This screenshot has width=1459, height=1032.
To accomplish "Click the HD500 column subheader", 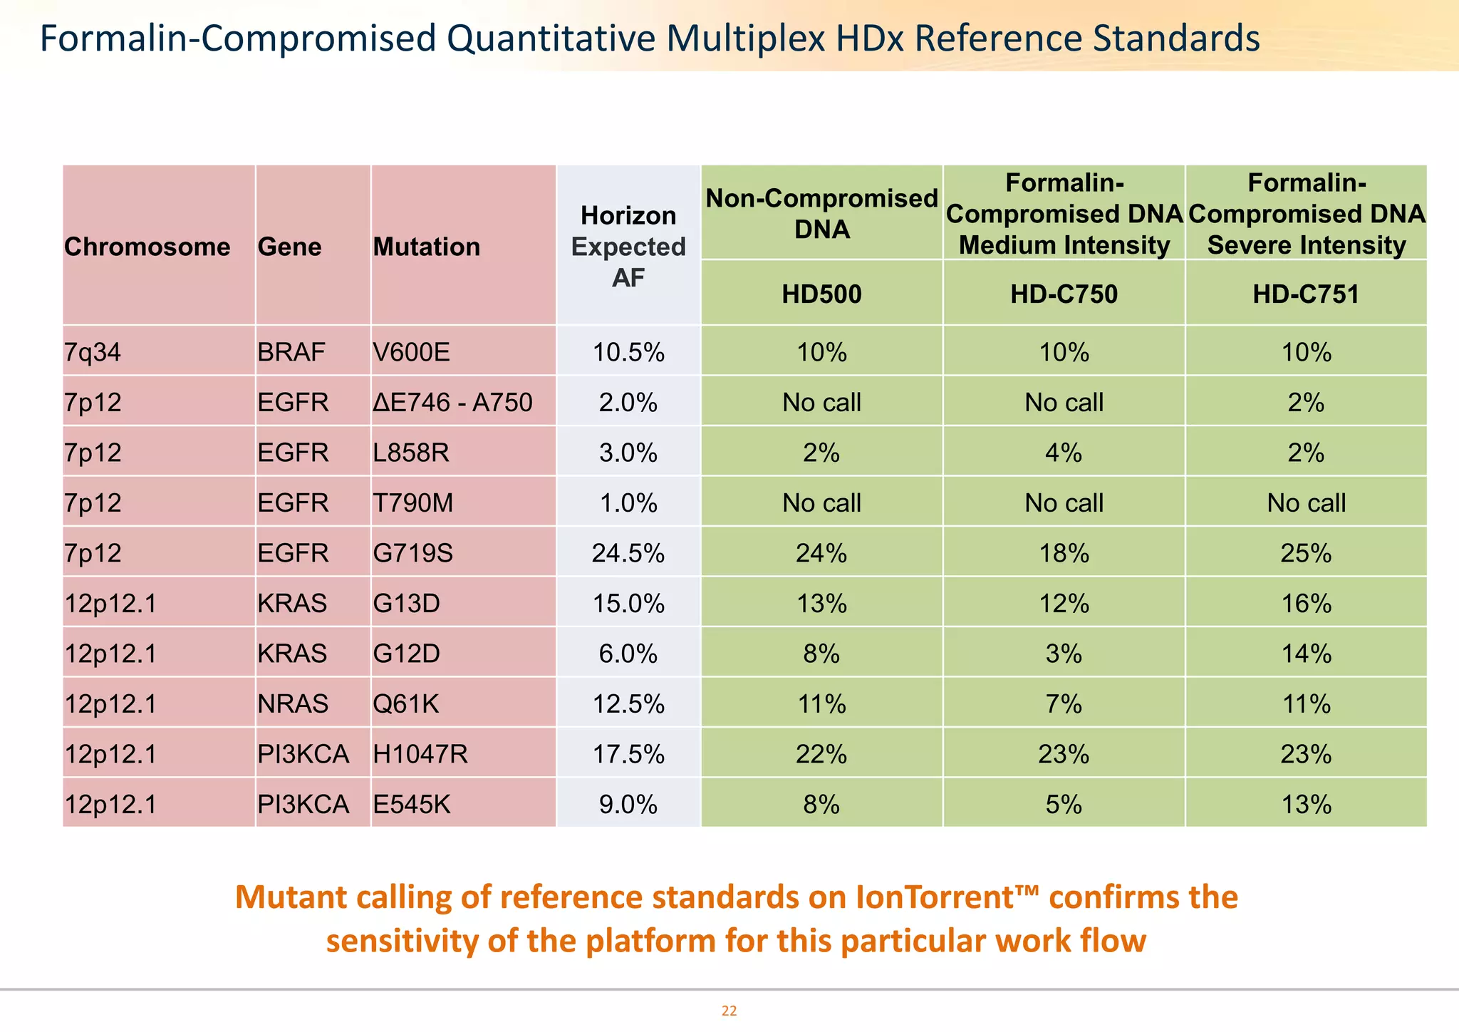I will tap(821, 294).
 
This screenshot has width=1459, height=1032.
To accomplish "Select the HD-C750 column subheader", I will tap(1064, 294).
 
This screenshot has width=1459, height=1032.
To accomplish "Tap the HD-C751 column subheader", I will tap(1306, 294).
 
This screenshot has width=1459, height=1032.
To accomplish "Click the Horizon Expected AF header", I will tap(628, 247).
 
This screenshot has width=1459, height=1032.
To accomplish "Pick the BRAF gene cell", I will tap(291, 352).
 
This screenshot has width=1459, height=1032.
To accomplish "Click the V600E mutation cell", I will tap(412, 352).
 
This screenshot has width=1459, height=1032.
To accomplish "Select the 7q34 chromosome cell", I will tap(93, 352).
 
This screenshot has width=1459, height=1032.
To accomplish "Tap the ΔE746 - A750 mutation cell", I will tap(452, 403).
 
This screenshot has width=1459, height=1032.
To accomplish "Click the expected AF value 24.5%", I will tap(628, 553).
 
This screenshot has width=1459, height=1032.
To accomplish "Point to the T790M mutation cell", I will tap(413, 503).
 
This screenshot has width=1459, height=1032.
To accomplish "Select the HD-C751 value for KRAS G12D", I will tap(1306, 654).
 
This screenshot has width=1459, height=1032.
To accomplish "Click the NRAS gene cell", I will tap(293, 704).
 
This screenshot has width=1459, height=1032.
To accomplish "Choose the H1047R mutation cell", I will tap(420, 754).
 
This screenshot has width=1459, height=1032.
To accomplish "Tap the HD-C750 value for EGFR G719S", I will tap(1064, 553).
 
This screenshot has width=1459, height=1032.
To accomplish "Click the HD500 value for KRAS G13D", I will tap(821, 604).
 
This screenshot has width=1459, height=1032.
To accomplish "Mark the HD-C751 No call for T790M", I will tap(1306, 503).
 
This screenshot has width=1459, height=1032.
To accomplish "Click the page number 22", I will tap(729, 1011).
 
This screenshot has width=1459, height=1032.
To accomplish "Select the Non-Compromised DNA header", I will tap(821, 213).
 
